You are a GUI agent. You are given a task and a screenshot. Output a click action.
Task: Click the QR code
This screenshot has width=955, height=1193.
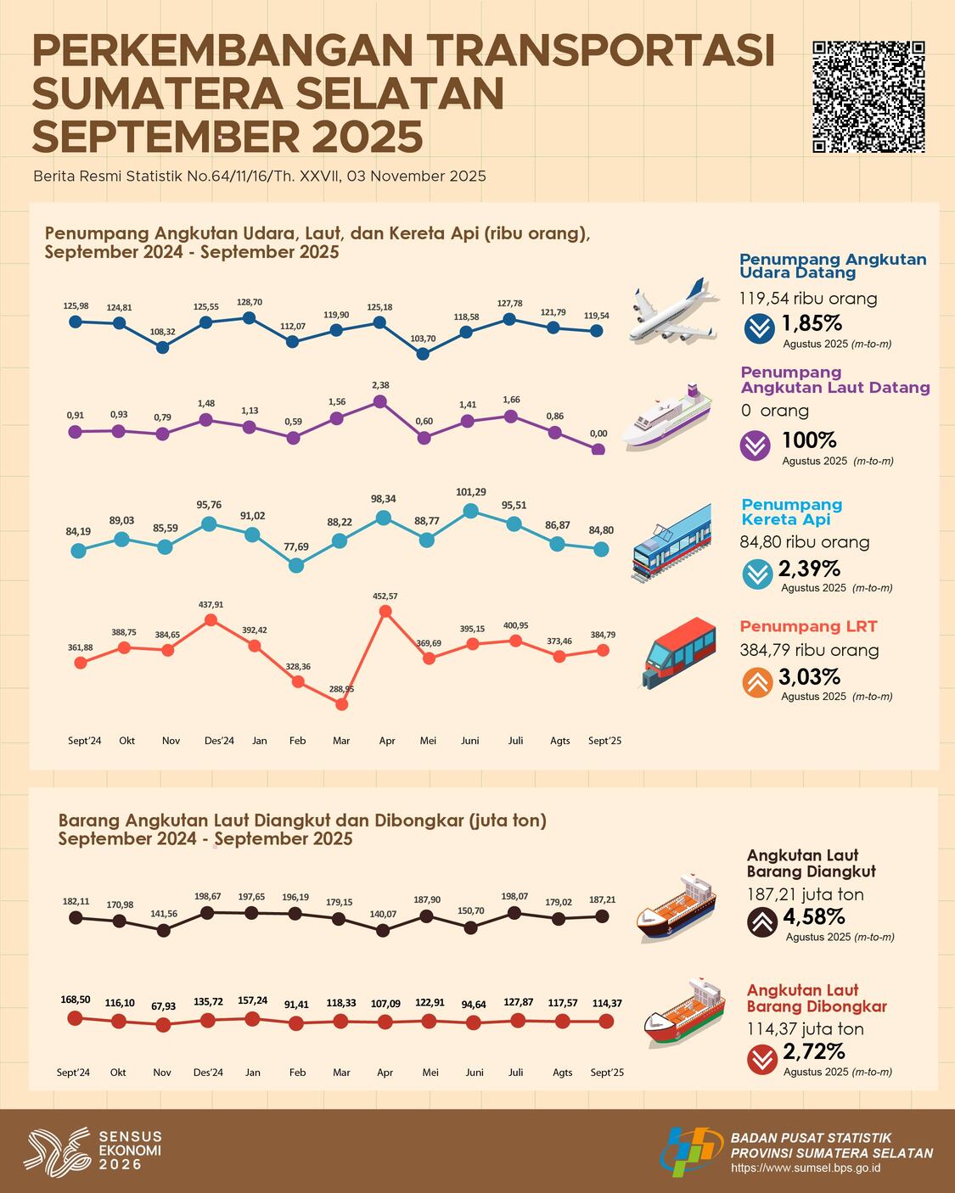click(x=868, y=97)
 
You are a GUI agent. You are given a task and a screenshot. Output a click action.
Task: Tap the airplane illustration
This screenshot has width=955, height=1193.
click(x=670, y=312)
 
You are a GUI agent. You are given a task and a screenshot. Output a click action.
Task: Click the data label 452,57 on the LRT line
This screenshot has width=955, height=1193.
click(x=385, y=596)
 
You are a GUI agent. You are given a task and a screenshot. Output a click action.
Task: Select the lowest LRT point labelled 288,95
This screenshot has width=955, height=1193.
click(x=341, y=703)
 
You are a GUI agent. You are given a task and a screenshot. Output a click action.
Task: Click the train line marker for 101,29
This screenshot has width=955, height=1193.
click(x=470, y=511)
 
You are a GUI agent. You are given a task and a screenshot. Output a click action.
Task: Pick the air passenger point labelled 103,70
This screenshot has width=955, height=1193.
click(x=423, y=354)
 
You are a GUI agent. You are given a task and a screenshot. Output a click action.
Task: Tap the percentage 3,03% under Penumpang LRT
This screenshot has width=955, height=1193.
click(x=809, y=677)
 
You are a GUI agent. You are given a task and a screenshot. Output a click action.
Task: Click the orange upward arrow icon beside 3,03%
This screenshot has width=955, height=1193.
click(x=757, y=682)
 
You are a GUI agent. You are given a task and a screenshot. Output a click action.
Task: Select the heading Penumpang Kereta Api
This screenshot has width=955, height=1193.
click(x=791, y=512)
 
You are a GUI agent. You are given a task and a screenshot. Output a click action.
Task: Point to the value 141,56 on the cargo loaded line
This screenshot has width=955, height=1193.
click(x=163, y=914)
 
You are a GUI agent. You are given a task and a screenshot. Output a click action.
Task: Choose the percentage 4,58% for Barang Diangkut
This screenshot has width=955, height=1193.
click(x=813, y=916)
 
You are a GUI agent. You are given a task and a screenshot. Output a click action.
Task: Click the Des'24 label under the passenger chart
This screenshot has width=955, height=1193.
click(x=219, y=741)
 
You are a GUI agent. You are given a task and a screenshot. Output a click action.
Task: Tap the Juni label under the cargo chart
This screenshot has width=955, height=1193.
click(x=474, y=1073)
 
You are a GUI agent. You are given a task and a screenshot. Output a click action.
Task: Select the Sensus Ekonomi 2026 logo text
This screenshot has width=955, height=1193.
click(x=130, y=1151)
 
